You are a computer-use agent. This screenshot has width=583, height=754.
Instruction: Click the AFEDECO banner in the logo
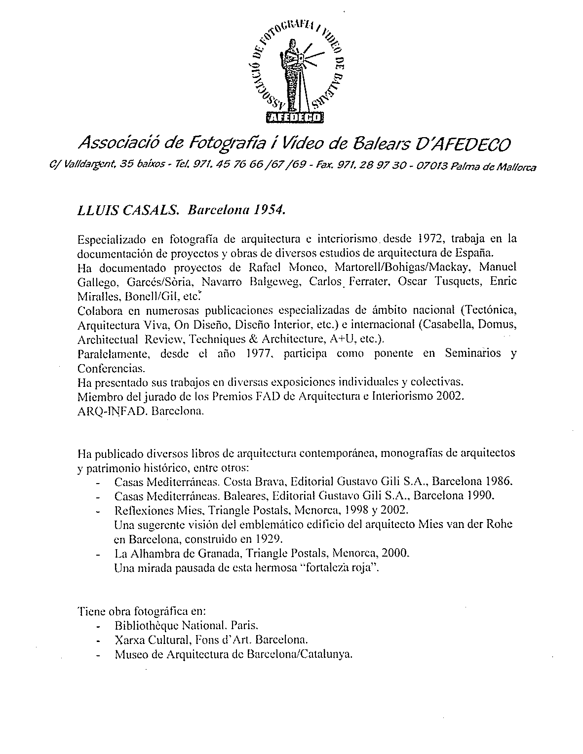click(x=295, y=117)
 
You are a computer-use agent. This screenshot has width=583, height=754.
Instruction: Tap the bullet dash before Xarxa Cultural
click(x=101, y=641)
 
